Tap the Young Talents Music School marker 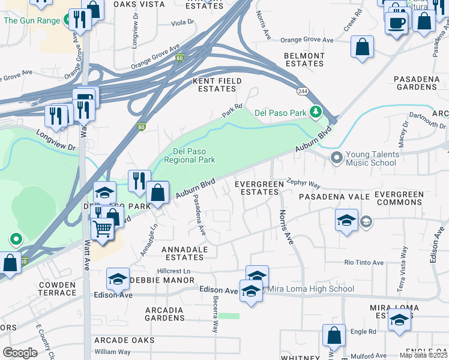336,158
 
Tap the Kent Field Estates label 217,85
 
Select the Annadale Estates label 184,253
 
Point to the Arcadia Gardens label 164,314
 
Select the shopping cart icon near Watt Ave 103,228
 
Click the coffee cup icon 396,23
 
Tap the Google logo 20,352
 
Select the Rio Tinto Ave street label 364,263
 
